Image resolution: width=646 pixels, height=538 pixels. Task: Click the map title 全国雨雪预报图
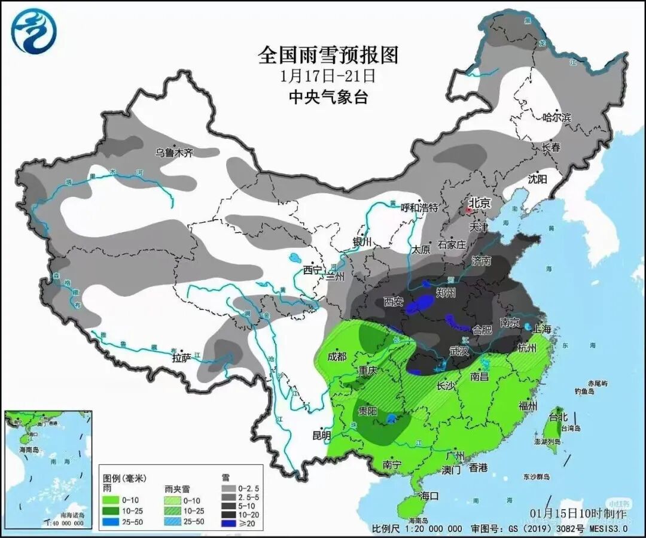click(328, 56)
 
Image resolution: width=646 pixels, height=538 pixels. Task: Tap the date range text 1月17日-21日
click(328, 76)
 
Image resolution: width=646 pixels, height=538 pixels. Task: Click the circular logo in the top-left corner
click(33, 31)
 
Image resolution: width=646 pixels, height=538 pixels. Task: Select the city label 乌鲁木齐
click(174, 153)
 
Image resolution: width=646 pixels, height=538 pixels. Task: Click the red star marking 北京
click(470, 211)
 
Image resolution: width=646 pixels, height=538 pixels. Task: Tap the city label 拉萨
click(182, 358)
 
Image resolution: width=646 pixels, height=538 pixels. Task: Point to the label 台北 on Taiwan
click(557, 417)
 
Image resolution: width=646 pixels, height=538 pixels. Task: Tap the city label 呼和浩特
click(419, 207)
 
